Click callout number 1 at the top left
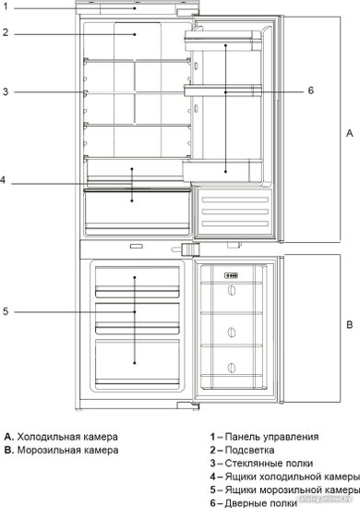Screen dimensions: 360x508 pyautogui.click(x=6, y=6)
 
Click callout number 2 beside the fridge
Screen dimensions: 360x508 pyautogui.click(x=6, y=32)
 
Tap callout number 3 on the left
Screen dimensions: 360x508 pyautogui.click(x=6, y=91)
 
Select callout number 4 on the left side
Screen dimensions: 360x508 pyautogui.click(x=3, y=180)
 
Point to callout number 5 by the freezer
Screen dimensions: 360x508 pyautogui.click(x=6, y=311)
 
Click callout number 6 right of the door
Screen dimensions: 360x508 pyautogui.click(x=311, y=91)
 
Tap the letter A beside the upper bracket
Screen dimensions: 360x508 pyautogui.click(x=350, y=133)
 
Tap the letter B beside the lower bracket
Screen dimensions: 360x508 pyautogui.click(x=350, y=324)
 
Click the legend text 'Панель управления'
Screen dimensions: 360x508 pyautogui.click(x=271, y=437)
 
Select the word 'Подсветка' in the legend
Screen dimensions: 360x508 pyautogui.click(x=249, y=450)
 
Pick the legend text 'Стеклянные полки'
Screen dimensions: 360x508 pyautogui.click(x=269, y=464)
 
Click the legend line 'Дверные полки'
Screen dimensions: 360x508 pyautogui.click(x=260, y=503)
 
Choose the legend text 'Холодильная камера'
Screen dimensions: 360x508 pyautogui.click(x=67, y=437)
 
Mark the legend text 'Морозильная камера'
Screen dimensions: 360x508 pyautogui.click(x=67, y=450)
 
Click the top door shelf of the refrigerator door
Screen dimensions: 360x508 pyautogui.click(x=222, y=41)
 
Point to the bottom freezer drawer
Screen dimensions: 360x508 pyautogui.click(x=138, y=363)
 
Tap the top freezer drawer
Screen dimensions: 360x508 pyautogui.click(x=138, y=282)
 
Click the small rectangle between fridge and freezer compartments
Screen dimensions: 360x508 pyautogui.click(x=137, y=247)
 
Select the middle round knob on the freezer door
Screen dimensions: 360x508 pyautogui.click(x=231, y=333)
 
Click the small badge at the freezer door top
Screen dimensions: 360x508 pyautogui.click(x=232, y=276)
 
